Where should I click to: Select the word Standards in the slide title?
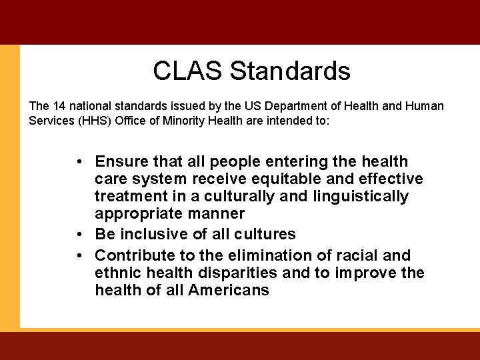click(x=290, y=71)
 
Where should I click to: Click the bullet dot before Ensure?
click(x=79, y=162)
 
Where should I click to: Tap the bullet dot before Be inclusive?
click(x=79, y=235)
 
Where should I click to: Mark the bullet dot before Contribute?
click(x=79, y=256)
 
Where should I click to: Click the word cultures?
click(x=267, y=234)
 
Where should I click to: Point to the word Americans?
click(x=229, y=290)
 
